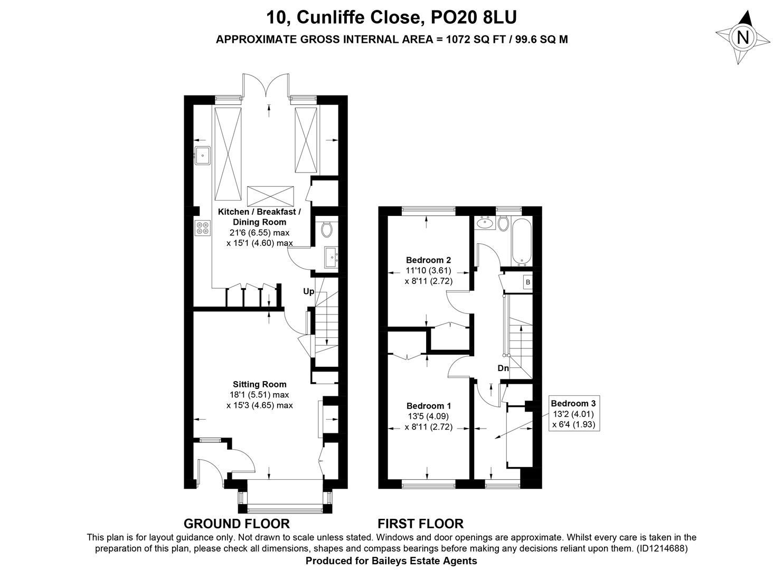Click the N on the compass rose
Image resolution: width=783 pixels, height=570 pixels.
pyautogui.click(x=742, y=37)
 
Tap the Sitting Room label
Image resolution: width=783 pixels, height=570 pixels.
pyautogui.click(x=260, y=384)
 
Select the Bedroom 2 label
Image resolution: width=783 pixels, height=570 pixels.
pyautogui.click(x=429, y=260)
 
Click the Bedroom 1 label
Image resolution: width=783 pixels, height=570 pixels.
pyautogui.click(x=429, y=406)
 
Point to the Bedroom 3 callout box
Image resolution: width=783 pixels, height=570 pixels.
pyautogui.click(x=574, y=414)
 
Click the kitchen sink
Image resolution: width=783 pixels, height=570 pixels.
pyautogui.click(x=202, y=156)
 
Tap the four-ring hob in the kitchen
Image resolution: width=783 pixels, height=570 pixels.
pyautogui.click(x=203, y=228)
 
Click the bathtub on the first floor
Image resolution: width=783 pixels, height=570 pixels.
pyautogui.click(x=522, y=242)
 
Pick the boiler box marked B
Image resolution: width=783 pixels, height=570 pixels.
pyautogui.click(x=528, y=282)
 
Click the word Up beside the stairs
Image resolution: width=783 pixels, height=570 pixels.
pyautogui.click(x=309, y=291)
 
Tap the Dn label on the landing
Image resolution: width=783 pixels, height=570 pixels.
pyautogui.click(x=503, y=368)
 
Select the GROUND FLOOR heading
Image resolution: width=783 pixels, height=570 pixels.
pyautogui.click(x=237, y=524)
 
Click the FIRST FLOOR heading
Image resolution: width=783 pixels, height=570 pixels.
pyautogui.click(x=420, y=524)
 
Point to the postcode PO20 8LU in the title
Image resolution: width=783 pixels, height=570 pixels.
pyautogui.click(x=474, y=17)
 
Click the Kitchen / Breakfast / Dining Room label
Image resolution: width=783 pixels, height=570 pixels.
pyautogui.click(x=259, y=217)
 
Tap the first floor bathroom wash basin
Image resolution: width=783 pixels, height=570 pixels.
pyautogui.click(x=485, y=223)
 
